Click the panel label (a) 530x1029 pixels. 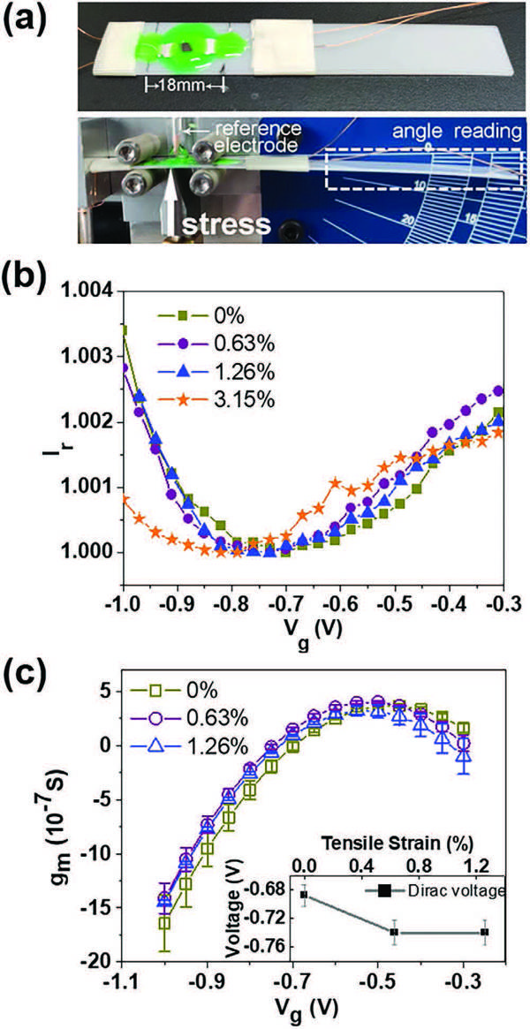[x=30, y=19]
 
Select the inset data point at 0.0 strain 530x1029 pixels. [x=304, y=895]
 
